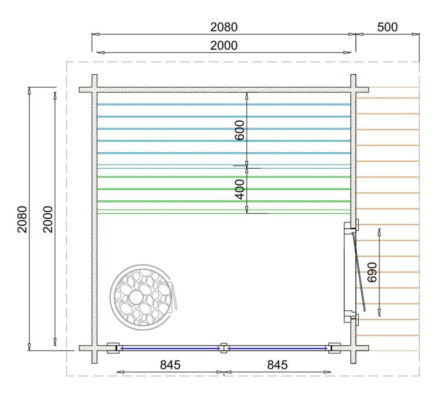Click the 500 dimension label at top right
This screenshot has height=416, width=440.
tap(387, 27)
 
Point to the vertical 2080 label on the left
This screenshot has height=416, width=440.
tap(22, 219)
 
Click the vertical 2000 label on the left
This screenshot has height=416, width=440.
tap(48, 219)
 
